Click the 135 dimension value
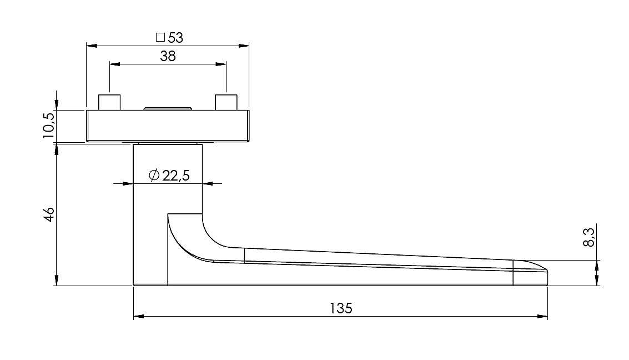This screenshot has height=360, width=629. pyautogui.click(x=341, y=308)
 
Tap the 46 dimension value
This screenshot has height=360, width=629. pyautogui.click(x=48, y=214)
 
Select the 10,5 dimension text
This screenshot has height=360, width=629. pyautogui.click(x=48, y=125)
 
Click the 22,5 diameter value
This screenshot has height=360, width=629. pyautogui.click(x=175, y=176)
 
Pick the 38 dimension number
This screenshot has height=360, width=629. pyautogui.click(x=168, y=56)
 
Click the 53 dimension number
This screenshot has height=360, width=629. pyautogui.click(x=175, y=38)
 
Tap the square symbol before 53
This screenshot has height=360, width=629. pyautogui.click(x=160, y=37)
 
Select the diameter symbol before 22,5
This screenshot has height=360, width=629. pyautogui.click(x=154, y=175)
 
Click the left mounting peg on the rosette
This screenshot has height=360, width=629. pyautogui.click(x=109, y=102)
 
